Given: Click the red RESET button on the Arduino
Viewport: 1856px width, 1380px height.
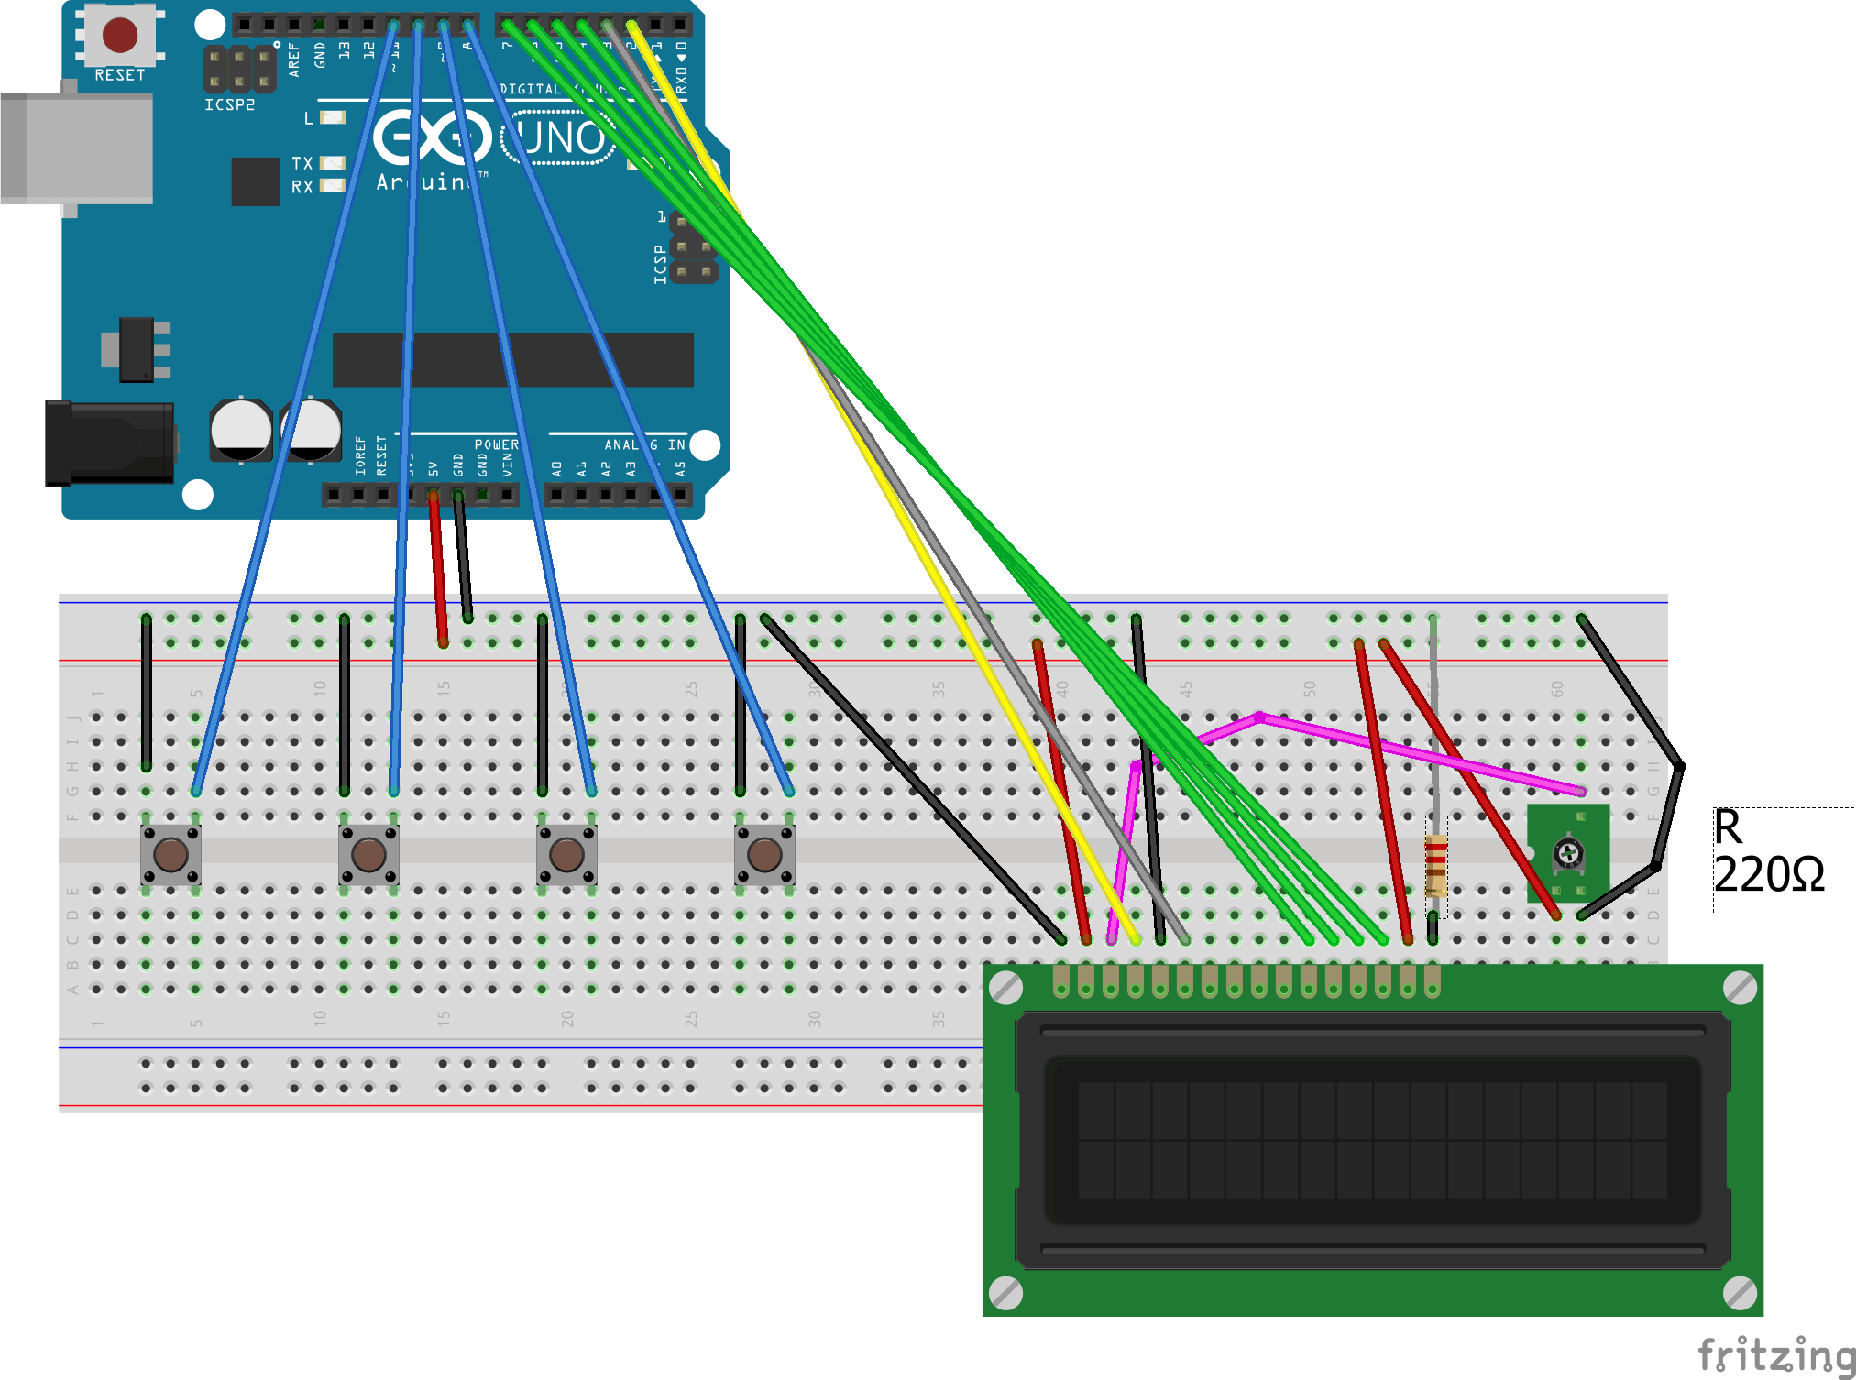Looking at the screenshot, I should point(120,35).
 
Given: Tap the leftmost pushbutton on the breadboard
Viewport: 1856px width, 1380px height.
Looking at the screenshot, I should point(170,854).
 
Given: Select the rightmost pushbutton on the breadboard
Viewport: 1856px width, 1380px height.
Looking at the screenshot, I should point(764,854).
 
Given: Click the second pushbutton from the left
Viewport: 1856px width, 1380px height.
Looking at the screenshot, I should point(368,854).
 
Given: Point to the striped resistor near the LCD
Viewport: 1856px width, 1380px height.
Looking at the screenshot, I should point(1435,865).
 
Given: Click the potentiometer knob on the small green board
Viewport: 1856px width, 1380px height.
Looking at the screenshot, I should point(1568,854).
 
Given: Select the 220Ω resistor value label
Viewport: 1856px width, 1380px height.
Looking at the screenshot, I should point(1768,874).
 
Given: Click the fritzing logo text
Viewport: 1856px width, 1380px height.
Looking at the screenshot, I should point(1775,1354).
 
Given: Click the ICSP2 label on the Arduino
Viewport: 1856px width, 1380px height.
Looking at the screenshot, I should point(229,105).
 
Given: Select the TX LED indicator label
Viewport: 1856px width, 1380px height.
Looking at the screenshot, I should point(302,163).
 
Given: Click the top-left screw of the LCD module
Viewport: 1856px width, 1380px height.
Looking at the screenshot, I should point(1006,988).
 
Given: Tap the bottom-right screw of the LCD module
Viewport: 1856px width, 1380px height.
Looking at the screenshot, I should point(1739,1293).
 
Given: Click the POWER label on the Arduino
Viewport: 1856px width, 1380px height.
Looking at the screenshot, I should point(496,444).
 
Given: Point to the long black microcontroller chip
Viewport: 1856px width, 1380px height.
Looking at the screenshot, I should point(512,359).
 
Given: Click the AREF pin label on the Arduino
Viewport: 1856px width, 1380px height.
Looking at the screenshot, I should point(294,59).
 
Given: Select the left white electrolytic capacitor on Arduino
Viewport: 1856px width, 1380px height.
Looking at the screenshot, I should point(241,429).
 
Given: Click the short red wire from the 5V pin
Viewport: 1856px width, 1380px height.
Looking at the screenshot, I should point(438,568).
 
